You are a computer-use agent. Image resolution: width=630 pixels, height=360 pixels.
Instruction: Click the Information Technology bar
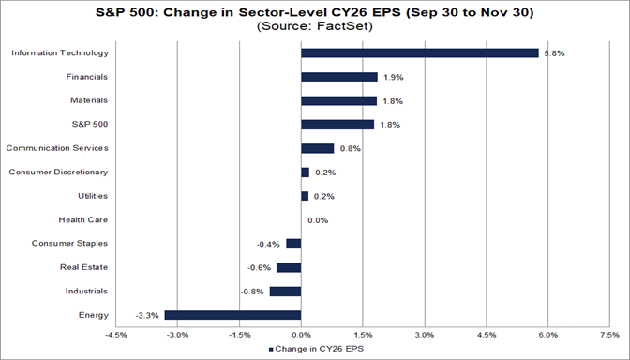(419, 52)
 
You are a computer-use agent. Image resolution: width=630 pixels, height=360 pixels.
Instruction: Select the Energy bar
(232, 315)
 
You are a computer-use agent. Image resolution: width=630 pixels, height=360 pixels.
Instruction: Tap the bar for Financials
(339, 77)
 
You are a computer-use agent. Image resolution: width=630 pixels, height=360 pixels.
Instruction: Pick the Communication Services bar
(317, 148)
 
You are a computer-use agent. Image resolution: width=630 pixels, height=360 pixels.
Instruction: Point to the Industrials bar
(285, 291)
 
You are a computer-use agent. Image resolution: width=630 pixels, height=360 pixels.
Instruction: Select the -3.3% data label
(147, 315)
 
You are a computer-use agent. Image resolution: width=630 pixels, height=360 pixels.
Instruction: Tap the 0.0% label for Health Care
(318, 220)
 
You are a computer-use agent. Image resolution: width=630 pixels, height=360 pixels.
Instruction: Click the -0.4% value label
(269, 244)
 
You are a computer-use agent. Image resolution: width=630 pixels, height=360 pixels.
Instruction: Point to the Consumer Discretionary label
(58, 172)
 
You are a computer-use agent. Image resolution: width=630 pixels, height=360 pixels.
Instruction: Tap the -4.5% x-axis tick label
(115, 334)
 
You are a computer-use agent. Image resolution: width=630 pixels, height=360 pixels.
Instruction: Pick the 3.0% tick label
(425, 334)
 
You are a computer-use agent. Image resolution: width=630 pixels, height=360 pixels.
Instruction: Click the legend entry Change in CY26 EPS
(316, 349)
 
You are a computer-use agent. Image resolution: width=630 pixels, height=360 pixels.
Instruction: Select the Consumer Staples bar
(293, 244)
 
